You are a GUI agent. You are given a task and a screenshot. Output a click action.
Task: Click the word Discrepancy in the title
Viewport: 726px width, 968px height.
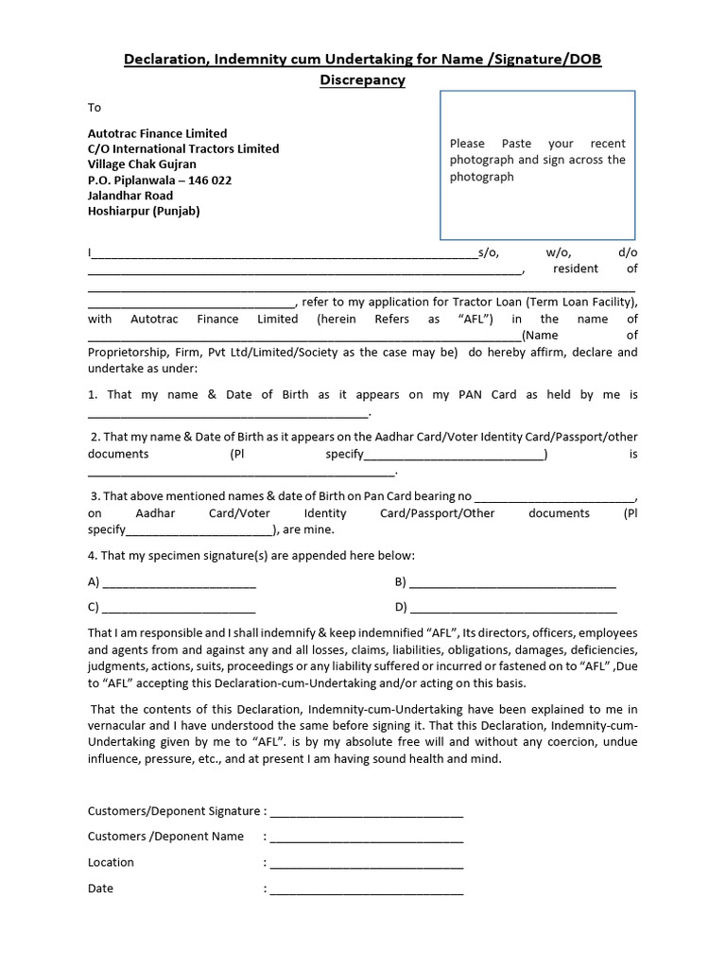click(362, 80)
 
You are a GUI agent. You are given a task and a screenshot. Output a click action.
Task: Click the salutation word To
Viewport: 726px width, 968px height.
click(95, 108)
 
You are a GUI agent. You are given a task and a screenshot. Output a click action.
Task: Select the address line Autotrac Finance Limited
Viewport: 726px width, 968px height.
click(157, 133)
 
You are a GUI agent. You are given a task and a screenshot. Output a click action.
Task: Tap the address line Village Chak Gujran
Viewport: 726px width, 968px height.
click(142, 164)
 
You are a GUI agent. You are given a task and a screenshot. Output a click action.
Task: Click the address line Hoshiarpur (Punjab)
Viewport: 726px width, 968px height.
click(144, 211)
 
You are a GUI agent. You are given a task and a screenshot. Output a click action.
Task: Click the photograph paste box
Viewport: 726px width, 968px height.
click(537, 165)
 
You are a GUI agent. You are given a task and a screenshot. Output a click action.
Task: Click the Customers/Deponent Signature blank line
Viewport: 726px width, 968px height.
click(367, 814)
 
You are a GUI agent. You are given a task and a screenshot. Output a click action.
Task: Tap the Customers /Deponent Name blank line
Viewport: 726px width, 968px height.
click(367, 839)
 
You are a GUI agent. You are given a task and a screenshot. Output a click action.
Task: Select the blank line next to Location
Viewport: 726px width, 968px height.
click(367, 865)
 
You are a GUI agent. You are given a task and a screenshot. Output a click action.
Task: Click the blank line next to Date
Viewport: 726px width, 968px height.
click(367, 891)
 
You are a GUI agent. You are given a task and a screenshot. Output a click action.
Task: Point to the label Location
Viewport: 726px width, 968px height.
click(111, 862)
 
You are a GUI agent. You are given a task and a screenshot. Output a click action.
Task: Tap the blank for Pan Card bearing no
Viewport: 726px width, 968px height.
click(555, 499)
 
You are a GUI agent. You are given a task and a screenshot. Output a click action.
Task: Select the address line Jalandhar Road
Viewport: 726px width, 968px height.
click(130, 196)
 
